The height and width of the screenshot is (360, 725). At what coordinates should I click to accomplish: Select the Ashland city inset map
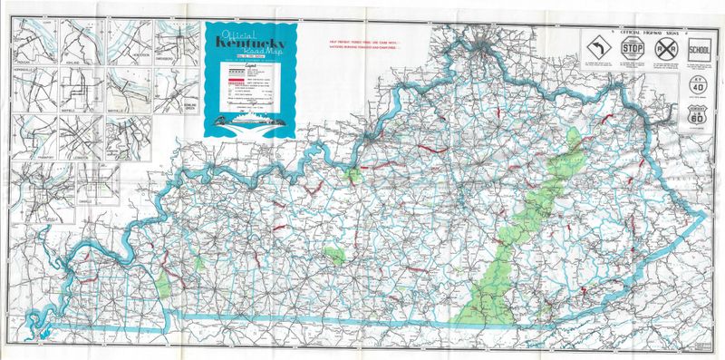click(82, 41)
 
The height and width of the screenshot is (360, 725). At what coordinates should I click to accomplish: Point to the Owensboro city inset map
click(176, 41)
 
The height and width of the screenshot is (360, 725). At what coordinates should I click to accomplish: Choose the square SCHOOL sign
click(700, 46)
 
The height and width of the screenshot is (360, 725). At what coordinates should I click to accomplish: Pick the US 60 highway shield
click(698, 117)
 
